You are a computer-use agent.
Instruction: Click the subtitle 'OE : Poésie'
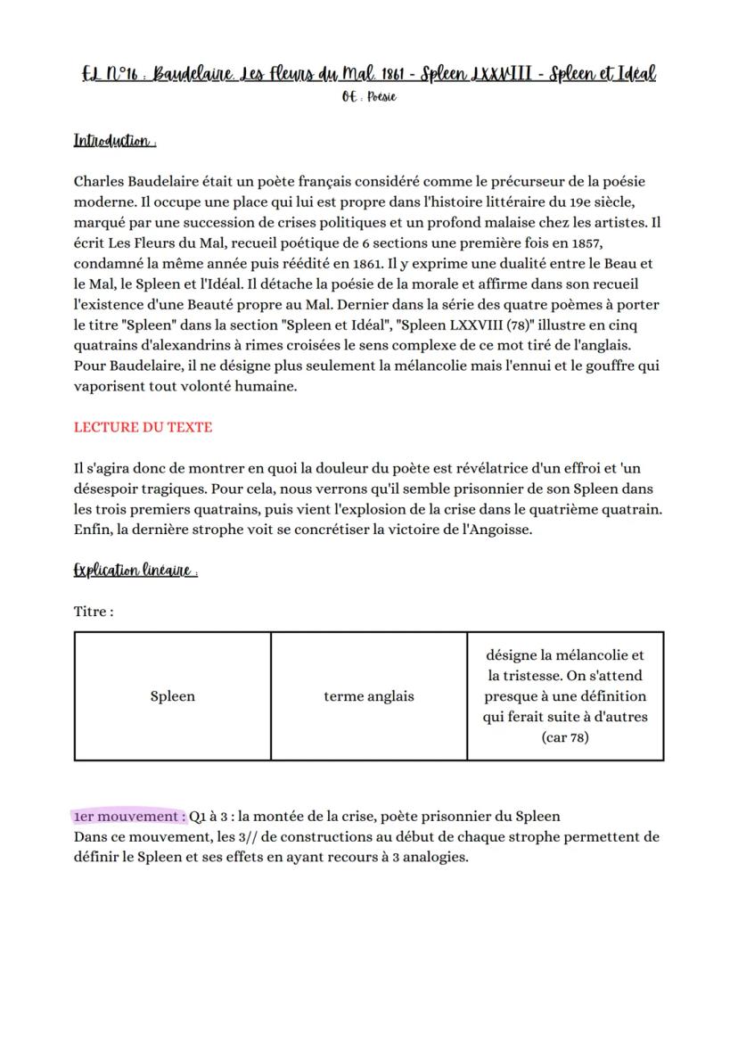[x=368, y=97]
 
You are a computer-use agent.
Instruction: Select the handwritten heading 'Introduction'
[x=115, y=142]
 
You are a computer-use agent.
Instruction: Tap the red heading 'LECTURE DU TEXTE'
[x=143, y=427]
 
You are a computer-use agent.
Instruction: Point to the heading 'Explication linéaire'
[x=135, y=571]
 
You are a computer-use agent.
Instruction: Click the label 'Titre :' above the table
[x=94, y=612]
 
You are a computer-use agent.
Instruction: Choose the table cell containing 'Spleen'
[x=172, y=696]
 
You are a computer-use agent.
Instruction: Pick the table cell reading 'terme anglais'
[x=368, y=696]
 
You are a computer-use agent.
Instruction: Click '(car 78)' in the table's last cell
[x=565, y=737]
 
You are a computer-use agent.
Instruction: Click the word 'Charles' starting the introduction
[x=101, y=182]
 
